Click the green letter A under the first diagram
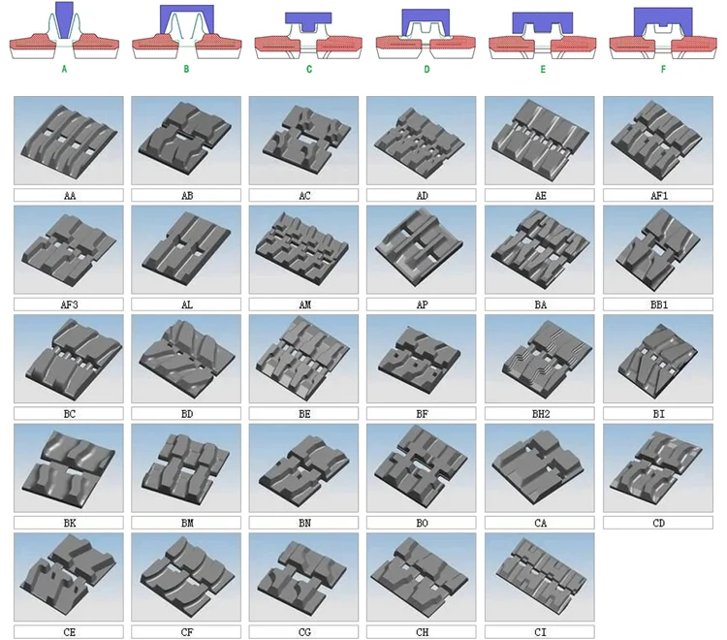tap(64, 69)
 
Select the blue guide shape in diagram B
tap(186, 19)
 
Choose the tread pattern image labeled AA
tap(68, 140)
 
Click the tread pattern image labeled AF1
tap(657, 140)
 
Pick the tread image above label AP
tap(422, 249)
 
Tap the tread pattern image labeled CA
tap(539, 467)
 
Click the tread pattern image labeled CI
tap(539, 577)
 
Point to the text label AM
tap(303, 304)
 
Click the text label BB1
tap(657, 304)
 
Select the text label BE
tap(303, 413)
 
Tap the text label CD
tap(657, 523)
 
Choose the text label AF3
tap(68, 304)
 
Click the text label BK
tap(68, 523)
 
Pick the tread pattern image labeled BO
tap(422, 467)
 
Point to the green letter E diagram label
tap(544, 69)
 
